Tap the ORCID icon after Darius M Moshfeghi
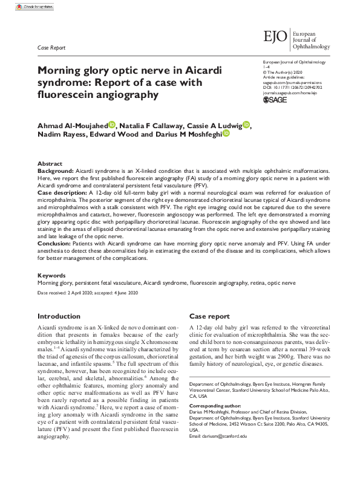coord(226,134)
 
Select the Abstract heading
coord(50,164)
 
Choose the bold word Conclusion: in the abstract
coord(55,245)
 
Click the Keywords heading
coord(51,275)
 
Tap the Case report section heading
coord(209,316)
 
